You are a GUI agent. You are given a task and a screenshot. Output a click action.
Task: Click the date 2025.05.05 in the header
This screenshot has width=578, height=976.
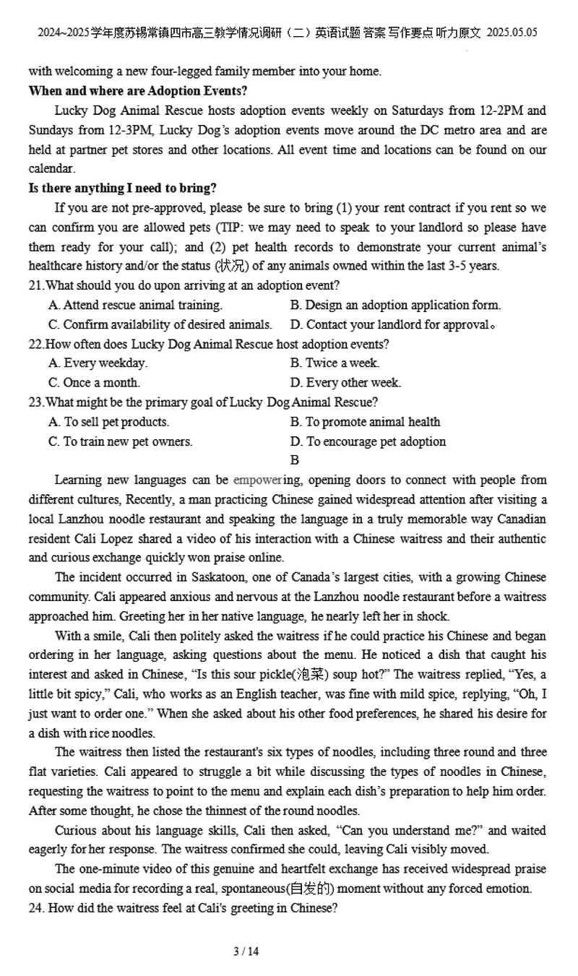pyautogui.click(x=512, y=33)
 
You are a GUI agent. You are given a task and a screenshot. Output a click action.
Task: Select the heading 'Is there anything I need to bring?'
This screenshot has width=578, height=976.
pyautogui.click(x=122, y=188)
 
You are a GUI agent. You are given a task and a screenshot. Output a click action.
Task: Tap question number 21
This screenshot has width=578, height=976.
pyautogui.click(x=35, y=285)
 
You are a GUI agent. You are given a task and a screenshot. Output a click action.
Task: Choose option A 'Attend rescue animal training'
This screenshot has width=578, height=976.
pyautogui.click(x=136, y=305)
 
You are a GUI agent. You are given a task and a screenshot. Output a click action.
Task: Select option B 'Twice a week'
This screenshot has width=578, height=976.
pyautogui.click(x=335, y=363)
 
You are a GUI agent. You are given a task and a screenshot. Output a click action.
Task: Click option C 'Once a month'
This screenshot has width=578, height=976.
pyautogui.click(x=95, y=382)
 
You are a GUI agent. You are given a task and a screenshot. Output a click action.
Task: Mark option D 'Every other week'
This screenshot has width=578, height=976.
pyautogui.click(x=345, y=382)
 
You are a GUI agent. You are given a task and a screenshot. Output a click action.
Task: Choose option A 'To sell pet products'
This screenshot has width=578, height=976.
pyautogui.click(x=109, y=421)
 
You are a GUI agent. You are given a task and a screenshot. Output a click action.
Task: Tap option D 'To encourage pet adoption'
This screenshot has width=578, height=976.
pyautogui.click(x=368, y=441)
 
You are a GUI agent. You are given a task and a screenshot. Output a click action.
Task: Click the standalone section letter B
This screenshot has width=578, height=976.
pyautogui.click(x=295, y=460)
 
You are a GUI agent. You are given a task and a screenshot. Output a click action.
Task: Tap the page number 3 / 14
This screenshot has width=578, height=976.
pyautogui.click(x=246, y=951)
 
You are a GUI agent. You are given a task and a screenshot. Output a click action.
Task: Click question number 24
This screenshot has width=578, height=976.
pyautogui.click(x=36, y=908)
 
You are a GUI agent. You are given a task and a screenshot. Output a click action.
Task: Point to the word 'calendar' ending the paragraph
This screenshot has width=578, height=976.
pyautogui.click(x=51, y=168)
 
